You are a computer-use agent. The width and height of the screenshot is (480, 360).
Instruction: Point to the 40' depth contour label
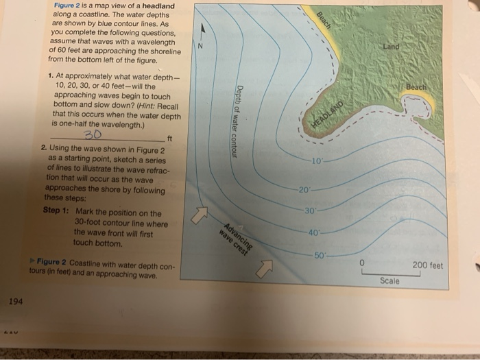[313, 232]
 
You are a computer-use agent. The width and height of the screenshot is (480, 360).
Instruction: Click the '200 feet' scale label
[429, 264]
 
